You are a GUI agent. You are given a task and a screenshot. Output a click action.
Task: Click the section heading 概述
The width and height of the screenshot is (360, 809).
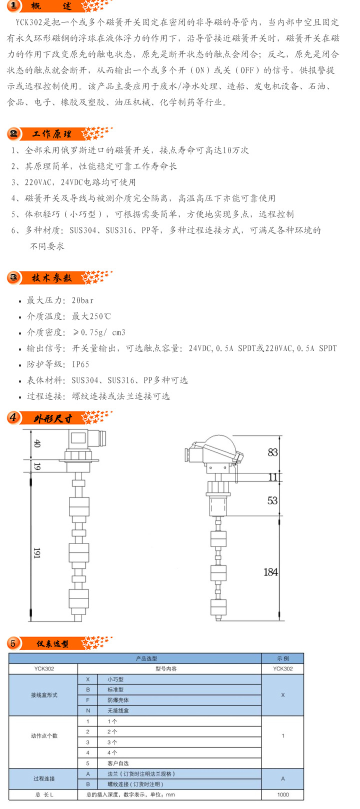pos(51,6)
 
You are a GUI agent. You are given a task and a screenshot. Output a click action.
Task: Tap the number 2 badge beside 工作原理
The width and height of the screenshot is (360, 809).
pos(13,134)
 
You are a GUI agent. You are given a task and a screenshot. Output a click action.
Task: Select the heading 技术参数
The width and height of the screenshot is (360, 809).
pos(51,277)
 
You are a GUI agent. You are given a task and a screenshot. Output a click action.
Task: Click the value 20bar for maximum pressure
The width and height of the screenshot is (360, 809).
pos(82,300)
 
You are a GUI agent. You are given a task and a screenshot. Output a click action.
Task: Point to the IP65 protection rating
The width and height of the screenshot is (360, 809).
pos(80,364)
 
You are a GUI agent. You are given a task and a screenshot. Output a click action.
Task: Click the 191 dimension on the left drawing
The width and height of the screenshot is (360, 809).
pos(37,553)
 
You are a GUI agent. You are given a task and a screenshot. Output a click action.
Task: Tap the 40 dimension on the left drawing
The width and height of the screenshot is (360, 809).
pos(37,443)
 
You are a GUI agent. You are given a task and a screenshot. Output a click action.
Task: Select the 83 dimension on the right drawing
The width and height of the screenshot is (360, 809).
pos(272,452)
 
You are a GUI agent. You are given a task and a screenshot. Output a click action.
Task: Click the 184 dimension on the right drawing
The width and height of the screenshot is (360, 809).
pos(270,572)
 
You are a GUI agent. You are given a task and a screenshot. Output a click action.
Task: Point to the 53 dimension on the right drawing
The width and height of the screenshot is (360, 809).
pos(272,500)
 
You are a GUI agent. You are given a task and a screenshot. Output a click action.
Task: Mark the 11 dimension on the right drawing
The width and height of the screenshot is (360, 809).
pos(273,477)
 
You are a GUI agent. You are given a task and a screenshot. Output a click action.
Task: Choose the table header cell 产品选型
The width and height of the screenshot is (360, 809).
pos(146,658)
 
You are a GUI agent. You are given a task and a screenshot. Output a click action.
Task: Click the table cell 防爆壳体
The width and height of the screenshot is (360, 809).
pos(118,700)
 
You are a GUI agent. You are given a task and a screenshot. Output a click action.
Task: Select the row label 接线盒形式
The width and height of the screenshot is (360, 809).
pos(44,695)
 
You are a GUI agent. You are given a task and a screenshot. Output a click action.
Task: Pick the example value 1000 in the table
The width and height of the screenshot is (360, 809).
pos(283,794)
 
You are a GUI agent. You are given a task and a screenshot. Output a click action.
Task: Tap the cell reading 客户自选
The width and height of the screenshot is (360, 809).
pos(118,763)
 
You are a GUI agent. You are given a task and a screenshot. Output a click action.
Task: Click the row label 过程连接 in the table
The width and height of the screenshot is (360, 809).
pos(44,778)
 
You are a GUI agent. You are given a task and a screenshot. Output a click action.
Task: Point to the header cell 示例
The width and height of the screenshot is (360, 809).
pos(282,658)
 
